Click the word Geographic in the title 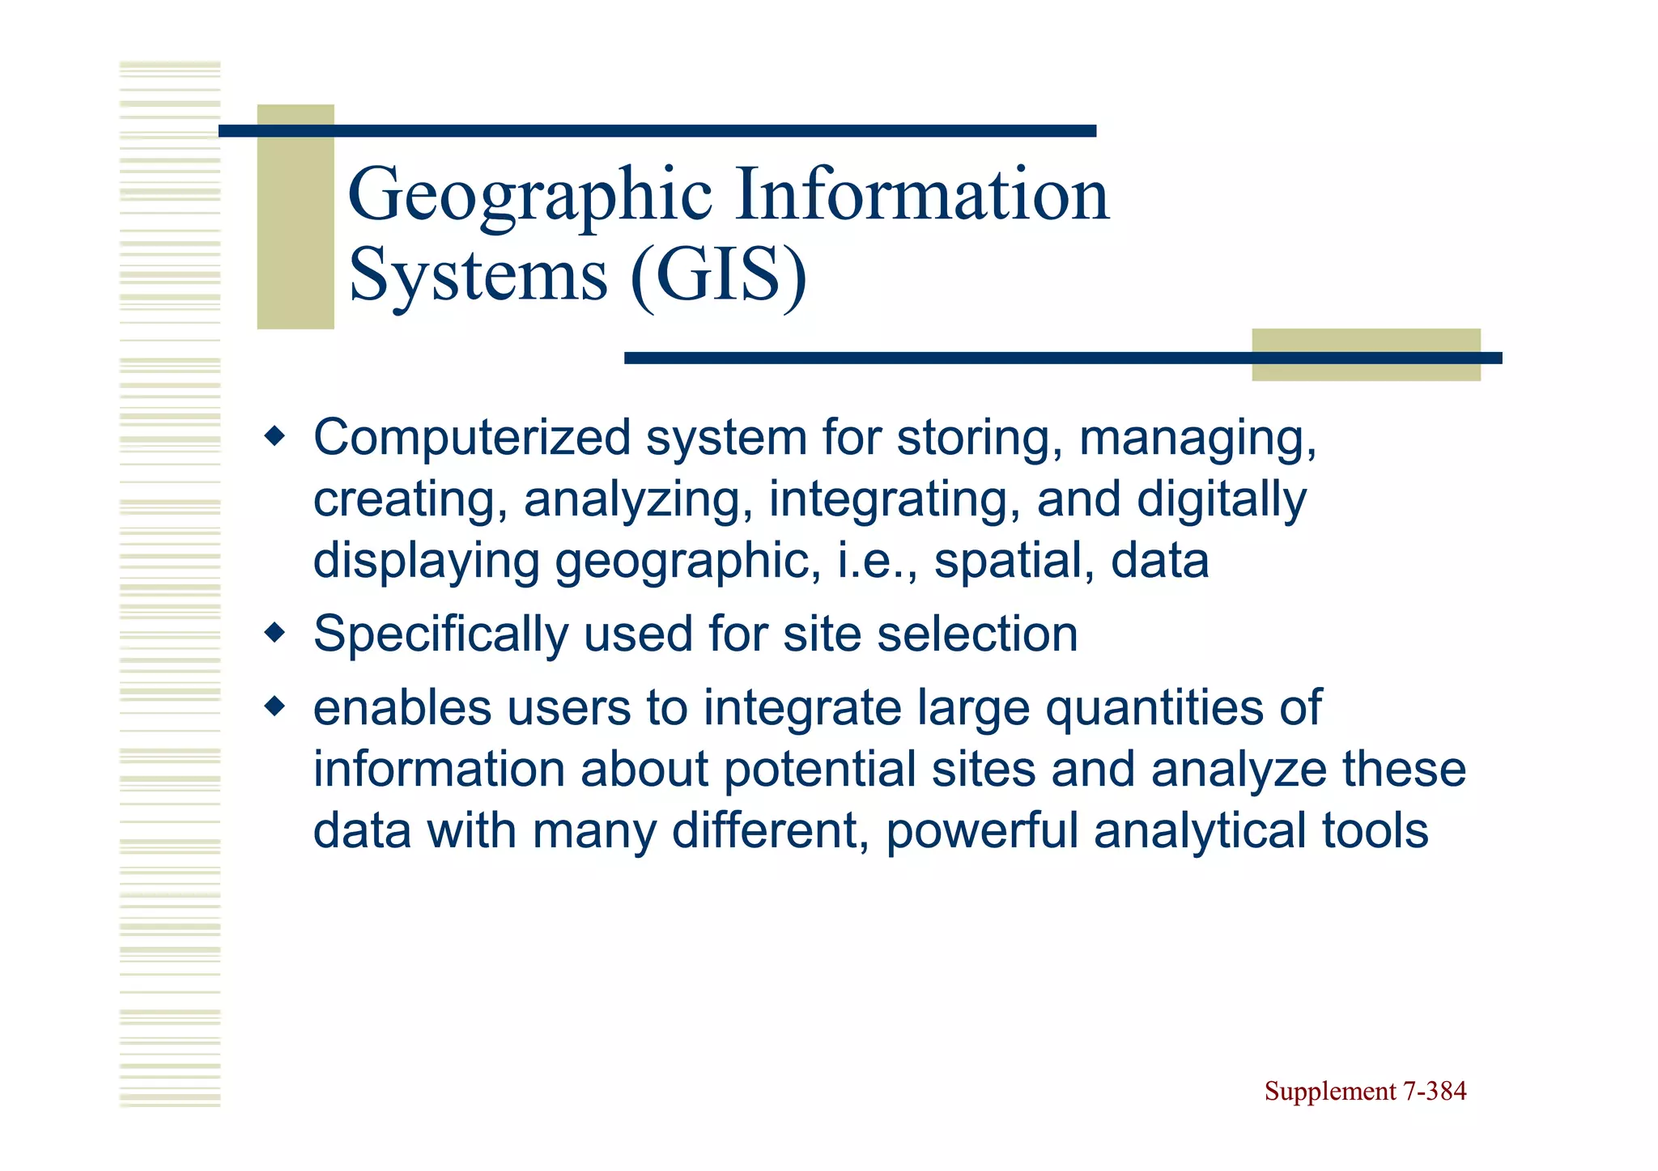pos(529,197)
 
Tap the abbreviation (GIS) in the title pos(718,276)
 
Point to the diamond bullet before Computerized pos(275,438)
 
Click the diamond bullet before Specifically pos(275,632)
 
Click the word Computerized pos(472,439)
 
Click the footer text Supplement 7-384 pos(1365,1092)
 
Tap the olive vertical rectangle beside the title pos(295,217)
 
